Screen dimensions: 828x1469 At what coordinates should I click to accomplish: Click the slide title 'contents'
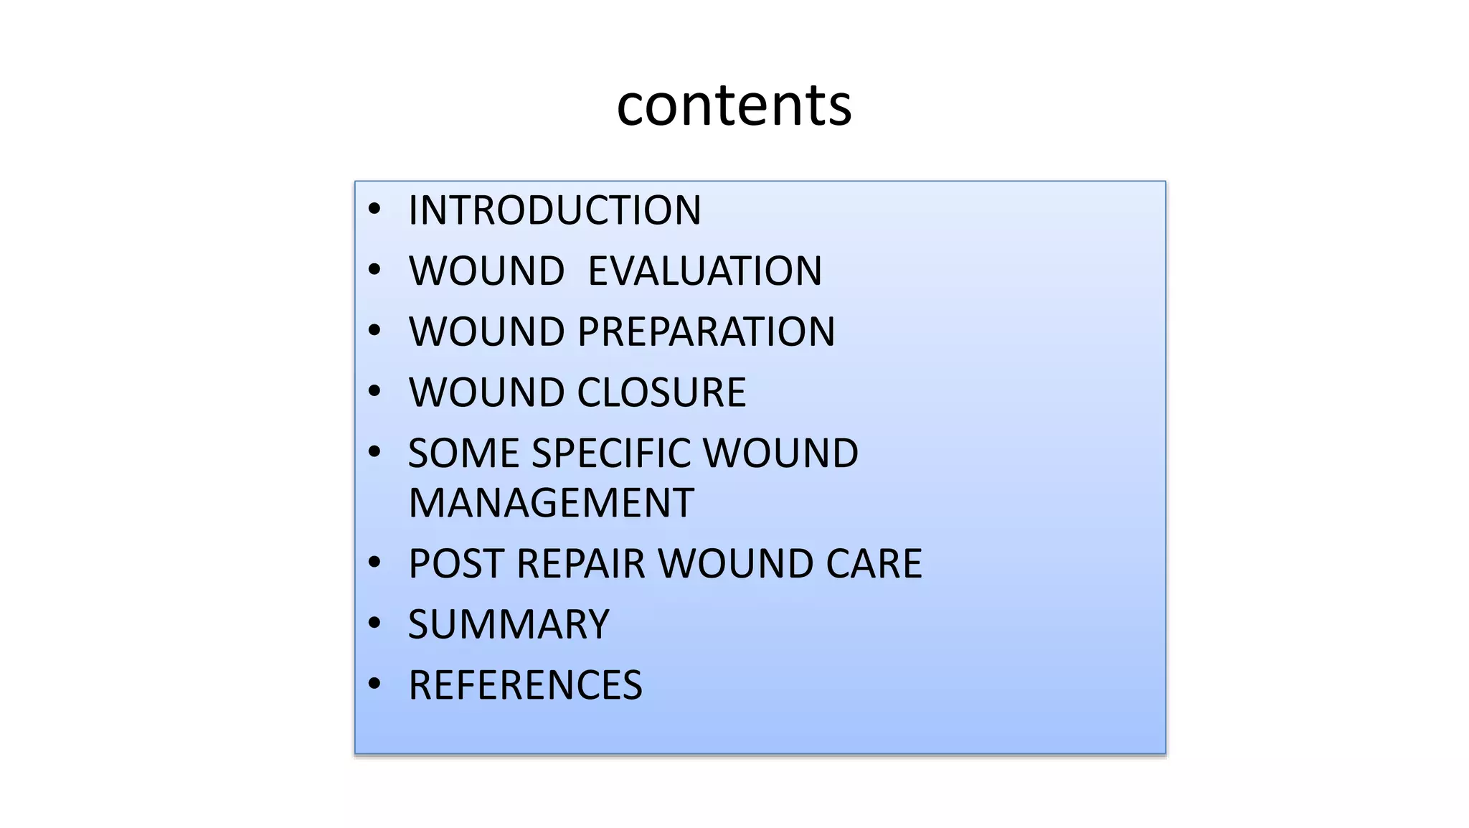point(734,105)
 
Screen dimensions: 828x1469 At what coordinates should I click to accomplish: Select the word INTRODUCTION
point(554,210)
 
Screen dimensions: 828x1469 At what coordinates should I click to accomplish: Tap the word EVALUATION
point(704,271)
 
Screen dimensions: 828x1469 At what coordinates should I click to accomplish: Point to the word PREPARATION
point(706,331)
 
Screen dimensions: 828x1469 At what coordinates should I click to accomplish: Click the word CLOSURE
point(661,392)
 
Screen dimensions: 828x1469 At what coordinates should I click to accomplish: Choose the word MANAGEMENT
point(551,502)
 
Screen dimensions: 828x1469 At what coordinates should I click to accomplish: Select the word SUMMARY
point(509,624)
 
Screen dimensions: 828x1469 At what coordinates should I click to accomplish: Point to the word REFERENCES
point(525,685)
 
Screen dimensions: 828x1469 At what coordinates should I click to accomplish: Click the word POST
point(455,563)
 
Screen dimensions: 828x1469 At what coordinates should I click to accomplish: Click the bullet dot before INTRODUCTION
point(374,210)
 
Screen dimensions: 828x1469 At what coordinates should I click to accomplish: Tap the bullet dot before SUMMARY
point(374,624)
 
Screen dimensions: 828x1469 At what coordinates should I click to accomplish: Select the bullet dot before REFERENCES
point(374,684)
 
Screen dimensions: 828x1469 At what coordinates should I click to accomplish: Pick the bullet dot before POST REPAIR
point(374,563)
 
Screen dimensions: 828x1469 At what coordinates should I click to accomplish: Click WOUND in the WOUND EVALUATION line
point(486,271)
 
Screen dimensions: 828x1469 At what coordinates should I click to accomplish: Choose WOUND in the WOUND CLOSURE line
point(486,392)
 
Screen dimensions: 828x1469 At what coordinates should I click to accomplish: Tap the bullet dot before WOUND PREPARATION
point(374,331)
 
